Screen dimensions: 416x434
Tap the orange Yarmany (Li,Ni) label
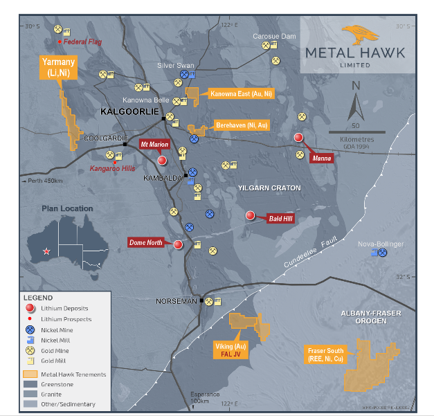tap(57, 67)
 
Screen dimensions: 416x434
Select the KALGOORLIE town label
tap(129, 111)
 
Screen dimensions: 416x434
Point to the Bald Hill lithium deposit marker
tap(251, 216)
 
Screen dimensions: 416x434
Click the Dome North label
tap(145, 242)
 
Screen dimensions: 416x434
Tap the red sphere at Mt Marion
tap(162, 160)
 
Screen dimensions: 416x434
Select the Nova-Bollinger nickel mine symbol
tap(382, 253)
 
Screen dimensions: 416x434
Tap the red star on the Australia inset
tap(46, 251)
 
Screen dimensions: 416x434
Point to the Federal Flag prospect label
tap(82, 42)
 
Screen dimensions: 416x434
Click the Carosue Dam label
tap(273, 35)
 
